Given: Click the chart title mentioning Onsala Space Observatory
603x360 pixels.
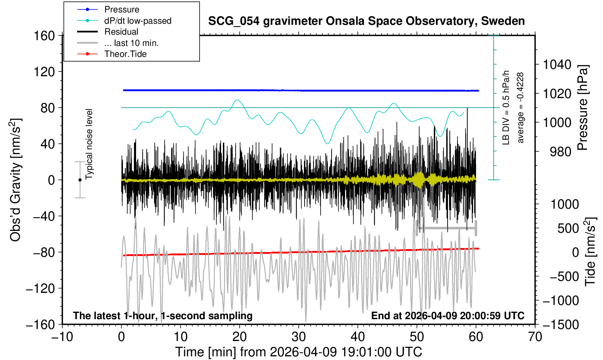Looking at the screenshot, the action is tap(366, 21).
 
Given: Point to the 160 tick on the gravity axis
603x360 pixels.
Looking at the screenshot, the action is tap(44, 36).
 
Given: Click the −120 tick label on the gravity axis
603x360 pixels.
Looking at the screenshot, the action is tap(40, 289).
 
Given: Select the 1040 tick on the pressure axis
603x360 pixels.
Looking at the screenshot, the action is tap(557, 65).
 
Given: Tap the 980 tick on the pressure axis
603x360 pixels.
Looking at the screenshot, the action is tap(560, 152).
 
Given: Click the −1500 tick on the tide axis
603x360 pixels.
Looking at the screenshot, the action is tap(561, 325).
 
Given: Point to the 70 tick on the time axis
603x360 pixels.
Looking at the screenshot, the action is tap(535, 337).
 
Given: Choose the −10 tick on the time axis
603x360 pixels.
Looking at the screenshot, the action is tap(62, 337).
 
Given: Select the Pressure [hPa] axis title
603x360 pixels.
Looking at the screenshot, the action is tap(583, 108).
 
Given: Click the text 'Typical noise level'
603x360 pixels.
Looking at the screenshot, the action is tap(89, 144).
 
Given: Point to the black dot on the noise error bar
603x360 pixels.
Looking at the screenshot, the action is tap(80, 180).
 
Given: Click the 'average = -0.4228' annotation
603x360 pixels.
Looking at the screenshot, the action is tap(521, 108).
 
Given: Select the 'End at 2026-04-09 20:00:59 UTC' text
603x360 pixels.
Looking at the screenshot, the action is tap(448, 316).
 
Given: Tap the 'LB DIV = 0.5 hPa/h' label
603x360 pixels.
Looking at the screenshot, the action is tap(506, 108).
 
